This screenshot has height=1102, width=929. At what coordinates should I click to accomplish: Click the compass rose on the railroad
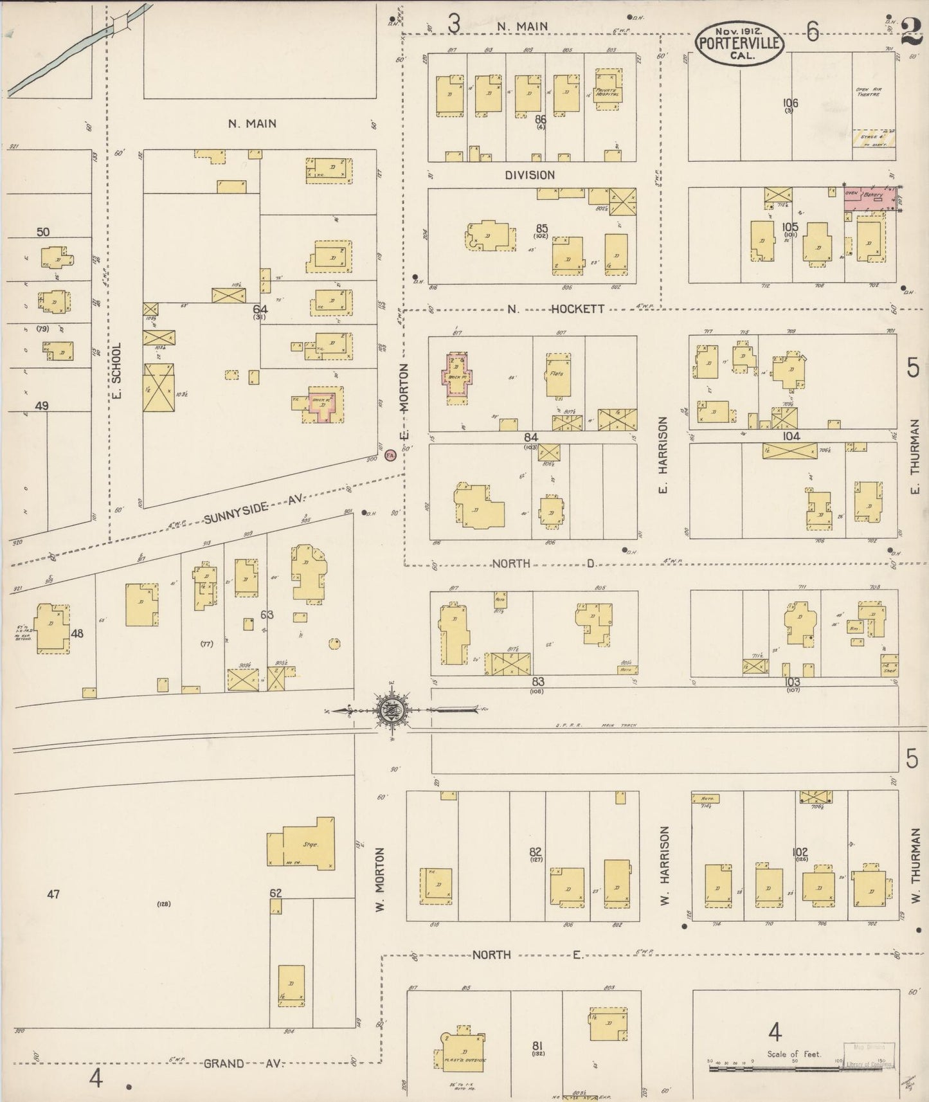pos(390,710)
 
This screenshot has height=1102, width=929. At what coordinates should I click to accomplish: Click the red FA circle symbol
pos(390,455)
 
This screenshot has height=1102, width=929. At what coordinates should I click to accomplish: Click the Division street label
pos(529,175)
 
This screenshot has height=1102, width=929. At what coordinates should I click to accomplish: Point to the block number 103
pos(792,682)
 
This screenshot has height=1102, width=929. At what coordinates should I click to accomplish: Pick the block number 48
pos(77,633)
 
